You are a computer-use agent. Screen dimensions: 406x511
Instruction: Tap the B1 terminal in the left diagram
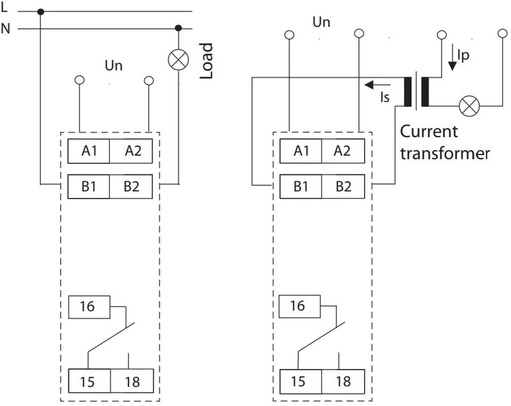point(89,188)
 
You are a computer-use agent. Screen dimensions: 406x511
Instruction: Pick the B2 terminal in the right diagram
point(342,188)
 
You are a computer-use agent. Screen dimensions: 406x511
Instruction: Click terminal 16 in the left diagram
point(88,306)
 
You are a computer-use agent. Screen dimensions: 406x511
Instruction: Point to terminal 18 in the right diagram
point(342,382)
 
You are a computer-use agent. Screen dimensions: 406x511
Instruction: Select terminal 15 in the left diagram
point(89,382)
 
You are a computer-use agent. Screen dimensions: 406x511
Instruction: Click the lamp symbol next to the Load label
point(178,60)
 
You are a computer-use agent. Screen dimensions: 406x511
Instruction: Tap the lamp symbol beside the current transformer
point(471,105)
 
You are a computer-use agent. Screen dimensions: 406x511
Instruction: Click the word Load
point(206,61)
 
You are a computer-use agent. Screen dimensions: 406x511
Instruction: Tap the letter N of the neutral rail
point(6,28)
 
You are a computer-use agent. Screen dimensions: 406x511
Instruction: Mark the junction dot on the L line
point(41,11)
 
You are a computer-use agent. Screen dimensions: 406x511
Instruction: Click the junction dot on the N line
point(178,28)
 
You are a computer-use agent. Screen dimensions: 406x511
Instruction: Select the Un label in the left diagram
point(114,66)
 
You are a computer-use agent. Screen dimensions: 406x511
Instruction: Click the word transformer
point(445,153)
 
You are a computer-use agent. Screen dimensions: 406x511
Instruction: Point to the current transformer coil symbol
point(416,92)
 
